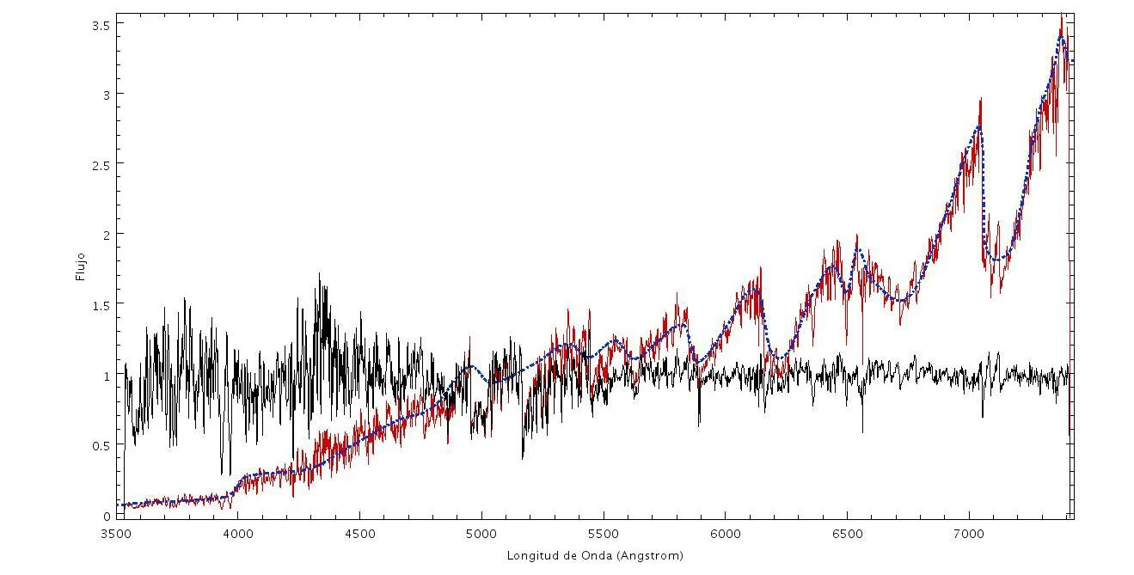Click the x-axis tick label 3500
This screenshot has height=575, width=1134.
click(x=116, y=534)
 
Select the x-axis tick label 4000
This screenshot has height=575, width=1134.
click(x=238, y=534)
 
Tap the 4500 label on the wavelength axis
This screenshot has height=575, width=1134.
click(x=360, y=534)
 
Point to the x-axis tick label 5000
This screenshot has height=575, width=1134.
click(x=481, y=534)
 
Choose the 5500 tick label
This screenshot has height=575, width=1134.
click(x=604, y=534)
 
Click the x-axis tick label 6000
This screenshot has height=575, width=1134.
click(x=726, y=534)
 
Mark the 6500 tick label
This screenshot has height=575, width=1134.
click(x=848, y=534)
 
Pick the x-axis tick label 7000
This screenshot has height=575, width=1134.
click(x=970, y=534)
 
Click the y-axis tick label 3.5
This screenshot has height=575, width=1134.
click(x=101, y=25)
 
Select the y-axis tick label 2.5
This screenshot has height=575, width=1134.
click(x=101, y=166)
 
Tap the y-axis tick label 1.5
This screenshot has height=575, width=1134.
click(x=101, y=306)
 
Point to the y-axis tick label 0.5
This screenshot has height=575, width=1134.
click(x=101, y=446)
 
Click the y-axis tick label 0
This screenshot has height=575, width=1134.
click(x=107, y=517)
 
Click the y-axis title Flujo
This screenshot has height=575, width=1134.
click(x=80, y=266)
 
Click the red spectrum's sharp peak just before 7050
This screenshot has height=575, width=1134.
click(x=981, y=99)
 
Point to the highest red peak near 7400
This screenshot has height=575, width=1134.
click(x=1061, y=15)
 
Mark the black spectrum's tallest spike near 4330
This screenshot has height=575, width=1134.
click(x=319, y=274)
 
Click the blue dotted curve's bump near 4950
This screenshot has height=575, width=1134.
click(x=471, y=365)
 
